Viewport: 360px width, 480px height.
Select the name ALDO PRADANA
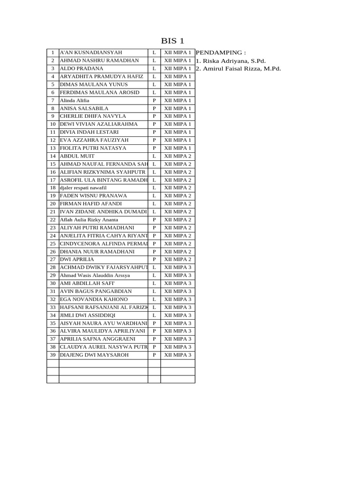tap(82, 68)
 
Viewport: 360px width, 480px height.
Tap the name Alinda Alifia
tap(75, 100)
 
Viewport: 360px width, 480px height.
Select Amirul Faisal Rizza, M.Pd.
tap(239, 68)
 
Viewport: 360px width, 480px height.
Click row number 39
tap(53, 355)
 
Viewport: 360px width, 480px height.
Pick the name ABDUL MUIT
tap(77, 156)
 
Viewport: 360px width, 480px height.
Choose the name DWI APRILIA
tap(77, 259)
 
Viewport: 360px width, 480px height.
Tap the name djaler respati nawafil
tap(83, 187)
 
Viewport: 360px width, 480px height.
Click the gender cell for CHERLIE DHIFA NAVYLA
tap(154, 116)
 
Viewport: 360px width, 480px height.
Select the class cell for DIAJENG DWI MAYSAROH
tap(178, 355)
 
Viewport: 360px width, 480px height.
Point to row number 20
tap(53, 204)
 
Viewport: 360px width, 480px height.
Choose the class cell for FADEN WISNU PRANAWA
tap(178, 196)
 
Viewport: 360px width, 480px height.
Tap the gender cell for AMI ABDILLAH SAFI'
tap(154, 284)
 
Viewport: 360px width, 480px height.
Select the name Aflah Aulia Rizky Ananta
tap(89, 220)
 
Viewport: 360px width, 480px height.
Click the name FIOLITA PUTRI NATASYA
tap(93, 148)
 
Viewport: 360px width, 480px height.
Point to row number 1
tap(53, 52)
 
